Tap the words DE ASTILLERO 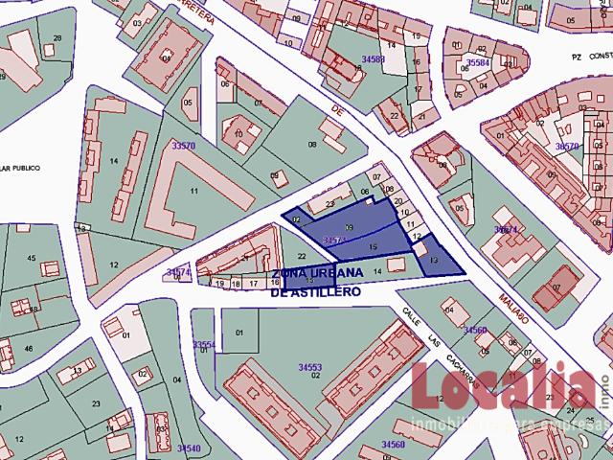315,291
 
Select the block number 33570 182,146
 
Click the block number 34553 309,367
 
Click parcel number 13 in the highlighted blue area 434,261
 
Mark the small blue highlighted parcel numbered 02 297,220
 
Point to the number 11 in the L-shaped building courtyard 193,192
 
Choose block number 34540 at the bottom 189,448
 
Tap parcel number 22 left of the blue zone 302,256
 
